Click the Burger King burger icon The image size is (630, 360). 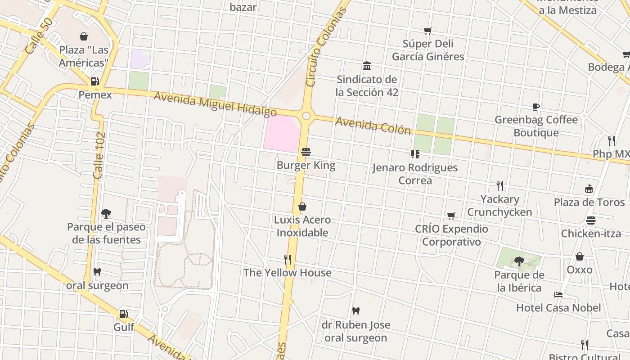(306, 152)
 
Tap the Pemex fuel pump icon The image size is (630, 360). (95, 81)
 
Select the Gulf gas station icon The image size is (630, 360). (124, 314)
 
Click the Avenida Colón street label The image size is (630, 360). (373, 126)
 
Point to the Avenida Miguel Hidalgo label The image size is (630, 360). (215, 103)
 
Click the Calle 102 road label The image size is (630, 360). (99, 155)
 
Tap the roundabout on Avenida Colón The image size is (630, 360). (306, 116)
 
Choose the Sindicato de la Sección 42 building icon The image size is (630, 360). (367, 66)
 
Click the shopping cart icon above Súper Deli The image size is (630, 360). (427, 31)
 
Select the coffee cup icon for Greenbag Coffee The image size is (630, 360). (535, 107)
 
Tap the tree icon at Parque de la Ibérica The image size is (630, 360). (519, 261)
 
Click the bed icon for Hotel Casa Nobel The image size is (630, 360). (558, 295)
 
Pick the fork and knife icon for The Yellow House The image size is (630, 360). (288, 260)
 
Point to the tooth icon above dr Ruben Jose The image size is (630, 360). (355, 311)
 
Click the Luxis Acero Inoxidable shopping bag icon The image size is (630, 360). (302, 207)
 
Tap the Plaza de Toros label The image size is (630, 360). (589, 202)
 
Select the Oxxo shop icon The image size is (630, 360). (580, 256)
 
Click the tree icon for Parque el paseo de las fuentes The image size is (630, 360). (106, 213)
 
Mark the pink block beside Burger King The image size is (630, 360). (281, 133)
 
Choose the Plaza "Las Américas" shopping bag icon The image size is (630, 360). (84, 36)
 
